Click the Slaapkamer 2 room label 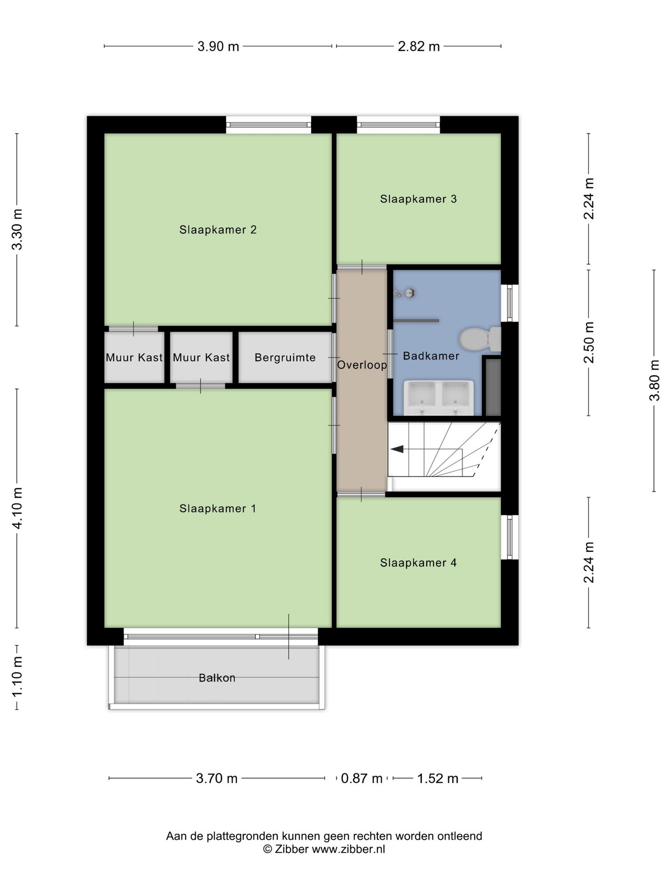(218, 230)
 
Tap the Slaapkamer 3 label (418, 199)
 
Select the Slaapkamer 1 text (218, 508)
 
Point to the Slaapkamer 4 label (418, 562)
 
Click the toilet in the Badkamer (479, 339)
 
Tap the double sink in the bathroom (438, 398)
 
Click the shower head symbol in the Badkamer (404, 293)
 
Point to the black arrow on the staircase (397, 449)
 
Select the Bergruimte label (285, 358)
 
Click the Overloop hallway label (362, 365)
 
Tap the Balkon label (217, 677)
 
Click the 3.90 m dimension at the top (218, 47)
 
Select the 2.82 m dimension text (418, 47)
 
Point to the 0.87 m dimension (362, 778)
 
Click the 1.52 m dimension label (438, 778)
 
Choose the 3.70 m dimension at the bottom (217, 778)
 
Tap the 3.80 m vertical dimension (654, 380)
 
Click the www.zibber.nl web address (348, 849)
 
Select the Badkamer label (431, 356)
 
